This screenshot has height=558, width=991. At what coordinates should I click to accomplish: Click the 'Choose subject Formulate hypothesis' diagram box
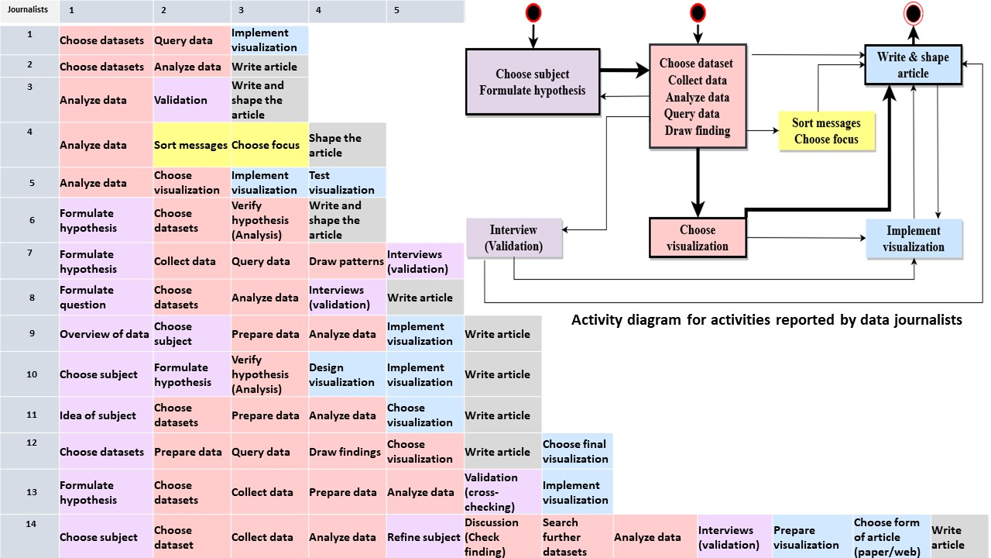tap(533, 82)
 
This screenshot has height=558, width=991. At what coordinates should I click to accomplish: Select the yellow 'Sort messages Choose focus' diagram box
tap(826, 131)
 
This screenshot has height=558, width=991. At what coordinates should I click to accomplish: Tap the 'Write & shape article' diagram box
tap(913, 65)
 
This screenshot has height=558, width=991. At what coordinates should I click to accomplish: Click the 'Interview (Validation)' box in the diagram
tap(513, 238)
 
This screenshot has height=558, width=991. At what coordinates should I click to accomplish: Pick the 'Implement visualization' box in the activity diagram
tap(914, 239)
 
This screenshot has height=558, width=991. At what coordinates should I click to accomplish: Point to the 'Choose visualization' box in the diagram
tap(698, 238)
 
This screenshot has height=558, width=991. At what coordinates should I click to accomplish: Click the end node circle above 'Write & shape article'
tap(914, 13)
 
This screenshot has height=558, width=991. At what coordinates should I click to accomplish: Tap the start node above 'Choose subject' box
tap(533, 13)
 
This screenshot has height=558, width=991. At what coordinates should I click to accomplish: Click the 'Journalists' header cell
tap(29, 11)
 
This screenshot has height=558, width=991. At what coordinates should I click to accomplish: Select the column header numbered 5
tap(425, 11)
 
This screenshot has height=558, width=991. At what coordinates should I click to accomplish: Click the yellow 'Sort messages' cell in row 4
tap(191, 145)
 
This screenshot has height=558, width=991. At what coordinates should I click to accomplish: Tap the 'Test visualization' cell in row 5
tap(347, 183)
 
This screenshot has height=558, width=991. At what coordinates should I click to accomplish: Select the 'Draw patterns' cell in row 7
tap(347, 261)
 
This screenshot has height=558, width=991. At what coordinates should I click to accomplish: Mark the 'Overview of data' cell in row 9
tap(105, 334)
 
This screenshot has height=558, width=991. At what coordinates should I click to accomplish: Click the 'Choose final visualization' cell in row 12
tap(577, 452)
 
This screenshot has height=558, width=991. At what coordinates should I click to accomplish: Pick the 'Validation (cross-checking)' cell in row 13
tap(502, 492)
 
